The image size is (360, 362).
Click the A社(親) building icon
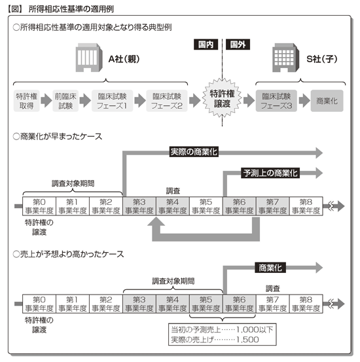point(89,58)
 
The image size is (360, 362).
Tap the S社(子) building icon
point(285,58)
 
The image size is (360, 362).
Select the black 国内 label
point(206,45)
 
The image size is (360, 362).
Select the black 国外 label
point(238,45)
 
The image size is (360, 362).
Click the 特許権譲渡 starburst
point(222,99)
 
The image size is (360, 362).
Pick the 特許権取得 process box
point(27,101)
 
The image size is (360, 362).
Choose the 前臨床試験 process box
point(65,101)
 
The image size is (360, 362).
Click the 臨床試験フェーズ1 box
point(112,101)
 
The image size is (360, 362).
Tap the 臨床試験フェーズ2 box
point(167,101)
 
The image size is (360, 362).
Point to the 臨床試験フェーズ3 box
point(276,101)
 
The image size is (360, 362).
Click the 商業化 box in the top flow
point(327,101)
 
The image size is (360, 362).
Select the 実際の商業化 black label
point(194,152)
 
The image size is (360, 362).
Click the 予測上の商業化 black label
point(270,173)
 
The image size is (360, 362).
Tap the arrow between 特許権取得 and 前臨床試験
point(46,101)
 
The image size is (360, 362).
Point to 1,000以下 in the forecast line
point(255,329)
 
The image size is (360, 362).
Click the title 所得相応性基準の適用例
point(71,9)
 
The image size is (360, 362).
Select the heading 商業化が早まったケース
point(61,136)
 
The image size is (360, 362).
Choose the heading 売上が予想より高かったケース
point(72,254)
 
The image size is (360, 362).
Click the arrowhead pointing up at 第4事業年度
point(156,222)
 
